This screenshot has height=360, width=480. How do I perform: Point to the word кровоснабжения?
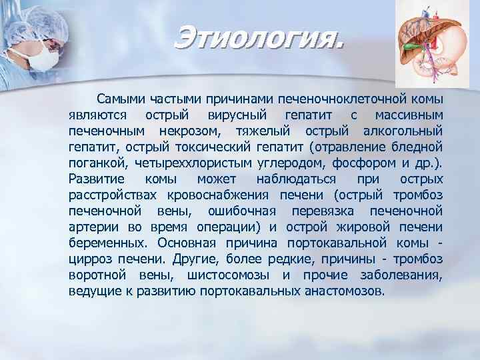coord(217,195)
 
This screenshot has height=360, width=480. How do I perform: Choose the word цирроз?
coord(91,259)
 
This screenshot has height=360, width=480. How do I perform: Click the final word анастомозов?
coord(349,291)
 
